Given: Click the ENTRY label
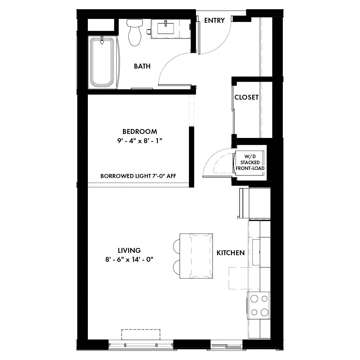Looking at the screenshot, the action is [214, 20].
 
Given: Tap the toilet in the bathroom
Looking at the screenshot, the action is [134, 32].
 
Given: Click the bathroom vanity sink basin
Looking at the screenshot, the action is [166, 29].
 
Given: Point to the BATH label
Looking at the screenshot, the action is [142, 66].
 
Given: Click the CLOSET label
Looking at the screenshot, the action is [247, 97].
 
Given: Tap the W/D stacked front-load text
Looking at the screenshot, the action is [250, 162].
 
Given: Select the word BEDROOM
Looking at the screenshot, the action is [140, 132].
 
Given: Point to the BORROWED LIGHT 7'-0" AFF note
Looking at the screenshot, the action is [138, 176].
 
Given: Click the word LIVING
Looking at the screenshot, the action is [129, 250].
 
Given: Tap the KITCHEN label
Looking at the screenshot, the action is [230, 253].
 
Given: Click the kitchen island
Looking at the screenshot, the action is [196, 256].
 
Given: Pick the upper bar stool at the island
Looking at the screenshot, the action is [177, 246].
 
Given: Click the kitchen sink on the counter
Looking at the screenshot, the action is [256, 252].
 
